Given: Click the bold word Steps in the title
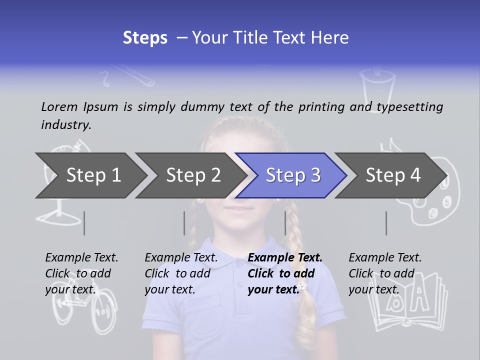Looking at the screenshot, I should [145, 38].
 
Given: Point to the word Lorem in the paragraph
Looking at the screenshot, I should [59, 106].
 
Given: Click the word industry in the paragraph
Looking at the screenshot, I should [65, 125].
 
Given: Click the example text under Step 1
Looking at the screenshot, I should [81, 273].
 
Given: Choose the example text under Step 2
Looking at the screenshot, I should [181, 273].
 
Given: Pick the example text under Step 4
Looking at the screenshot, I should [385, 273].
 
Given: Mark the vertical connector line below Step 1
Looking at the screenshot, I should [84, 223].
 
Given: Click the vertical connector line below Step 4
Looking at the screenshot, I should [386, 223].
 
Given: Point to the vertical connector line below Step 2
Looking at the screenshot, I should [184, 223].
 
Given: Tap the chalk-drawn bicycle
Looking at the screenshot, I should [80, 310].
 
